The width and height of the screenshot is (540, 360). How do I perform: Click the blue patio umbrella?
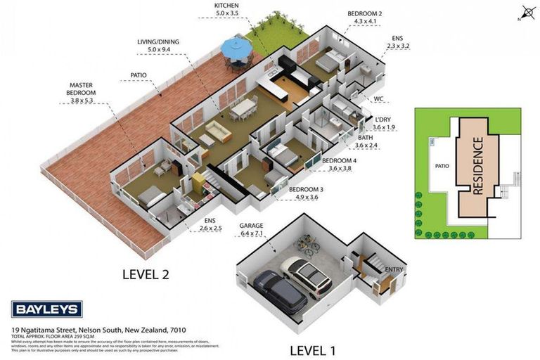[237, 48]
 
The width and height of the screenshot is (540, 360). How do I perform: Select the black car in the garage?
[280, 291]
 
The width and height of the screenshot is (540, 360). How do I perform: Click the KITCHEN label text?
[231, 6]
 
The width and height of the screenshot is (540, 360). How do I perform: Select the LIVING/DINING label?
[158, 42]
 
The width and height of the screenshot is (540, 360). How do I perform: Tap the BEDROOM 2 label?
[364, 13]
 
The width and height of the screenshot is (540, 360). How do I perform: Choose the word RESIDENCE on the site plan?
[477, 167]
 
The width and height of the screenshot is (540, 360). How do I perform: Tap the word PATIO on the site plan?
[442, 167]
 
